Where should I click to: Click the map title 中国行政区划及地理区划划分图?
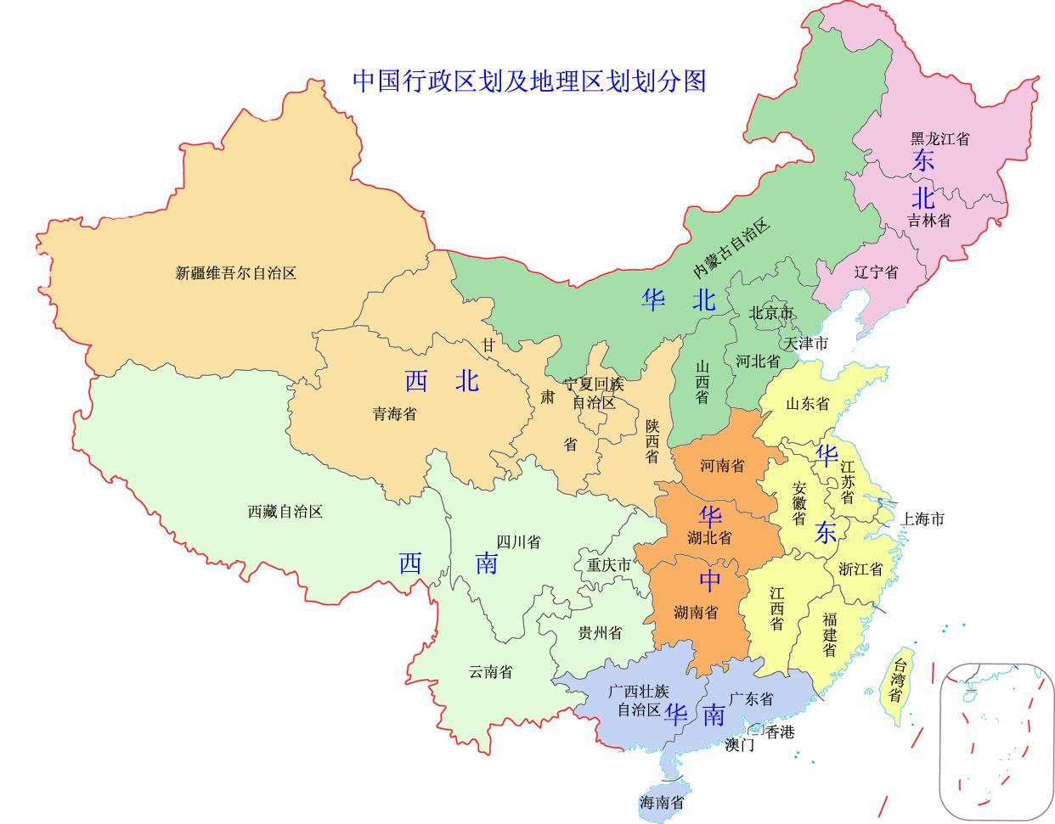(x=529, y=81)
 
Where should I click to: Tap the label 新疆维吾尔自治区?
(x=235, y=273)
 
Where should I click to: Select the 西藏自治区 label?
(x=285, y=512)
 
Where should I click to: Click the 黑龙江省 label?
(x=939, y=139)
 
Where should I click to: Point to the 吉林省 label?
(x=928, y=221)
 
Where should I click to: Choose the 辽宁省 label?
(x=876, y=272)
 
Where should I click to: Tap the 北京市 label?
(x=770, y=313)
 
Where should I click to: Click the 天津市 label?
(x=805, y=344)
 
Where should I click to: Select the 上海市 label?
(x=922, y=519)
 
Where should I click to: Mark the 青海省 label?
(x=395, y=414)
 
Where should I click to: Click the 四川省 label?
(x=518, y=542)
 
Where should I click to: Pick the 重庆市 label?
(x=609, y=565)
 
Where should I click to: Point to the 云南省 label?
(x=491, y=671)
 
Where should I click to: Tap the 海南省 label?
(x=662, y=802)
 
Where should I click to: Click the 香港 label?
(x=780, y=732)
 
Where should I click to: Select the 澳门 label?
(x=740, y=746)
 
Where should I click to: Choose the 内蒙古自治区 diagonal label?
(x=731, y=249)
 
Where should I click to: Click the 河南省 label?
(x=722, y=466)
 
